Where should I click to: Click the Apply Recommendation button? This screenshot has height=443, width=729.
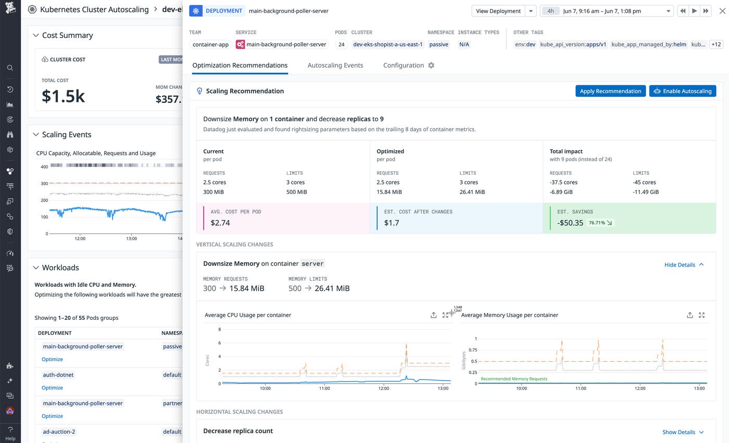[x=610, y=91]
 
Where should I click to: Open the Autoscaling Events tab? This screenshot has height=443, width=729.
[x=335, y=66]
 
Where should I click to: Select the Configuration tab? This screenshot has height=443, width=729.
[x=404, y=66]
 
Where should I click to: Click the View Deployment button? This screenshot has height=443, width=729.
[x=498, y=11]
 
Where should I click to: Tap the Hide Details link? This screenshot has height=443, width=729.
[x=684, y=265]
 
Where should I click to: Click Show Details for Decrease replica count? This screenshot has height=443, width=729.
[x=683, y=432]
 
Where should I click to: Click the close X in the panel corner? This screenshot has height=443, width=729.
[x=722, y=11]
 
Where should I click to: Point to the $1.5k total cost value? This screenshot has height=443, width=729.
[x=63, y=97]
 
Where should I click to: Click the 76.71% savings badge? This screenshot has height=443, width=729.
[x=600, y=223]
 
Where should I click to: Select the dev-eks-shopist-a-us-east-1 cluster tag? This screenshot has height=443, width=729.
[x=388, y=45]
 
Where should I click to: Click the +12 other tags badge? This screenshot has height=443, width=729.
[x=716, y=45]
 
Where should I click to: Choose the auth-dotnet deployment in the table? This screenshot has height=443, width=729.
[x=58, y=375]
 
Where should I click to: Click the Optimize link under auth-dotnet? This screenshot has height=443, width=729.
[x=52, y=388]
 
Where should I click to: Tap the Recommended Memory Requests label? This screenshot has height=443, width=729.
[x=513, y=379]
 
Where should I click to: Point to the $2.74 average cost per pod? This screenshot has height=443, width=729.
[x=220, y=223]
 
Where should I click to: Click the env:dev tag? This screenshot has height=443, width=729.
[x=525, y=45]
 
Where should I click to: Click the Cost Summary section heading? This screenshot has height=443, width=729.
[x=67, y=35]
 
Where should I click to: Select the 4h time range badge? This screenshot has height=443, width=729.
[x=550, y=11]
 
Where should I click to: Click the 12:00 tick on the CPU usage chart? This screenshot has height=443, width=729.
[x=384, y=388]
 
